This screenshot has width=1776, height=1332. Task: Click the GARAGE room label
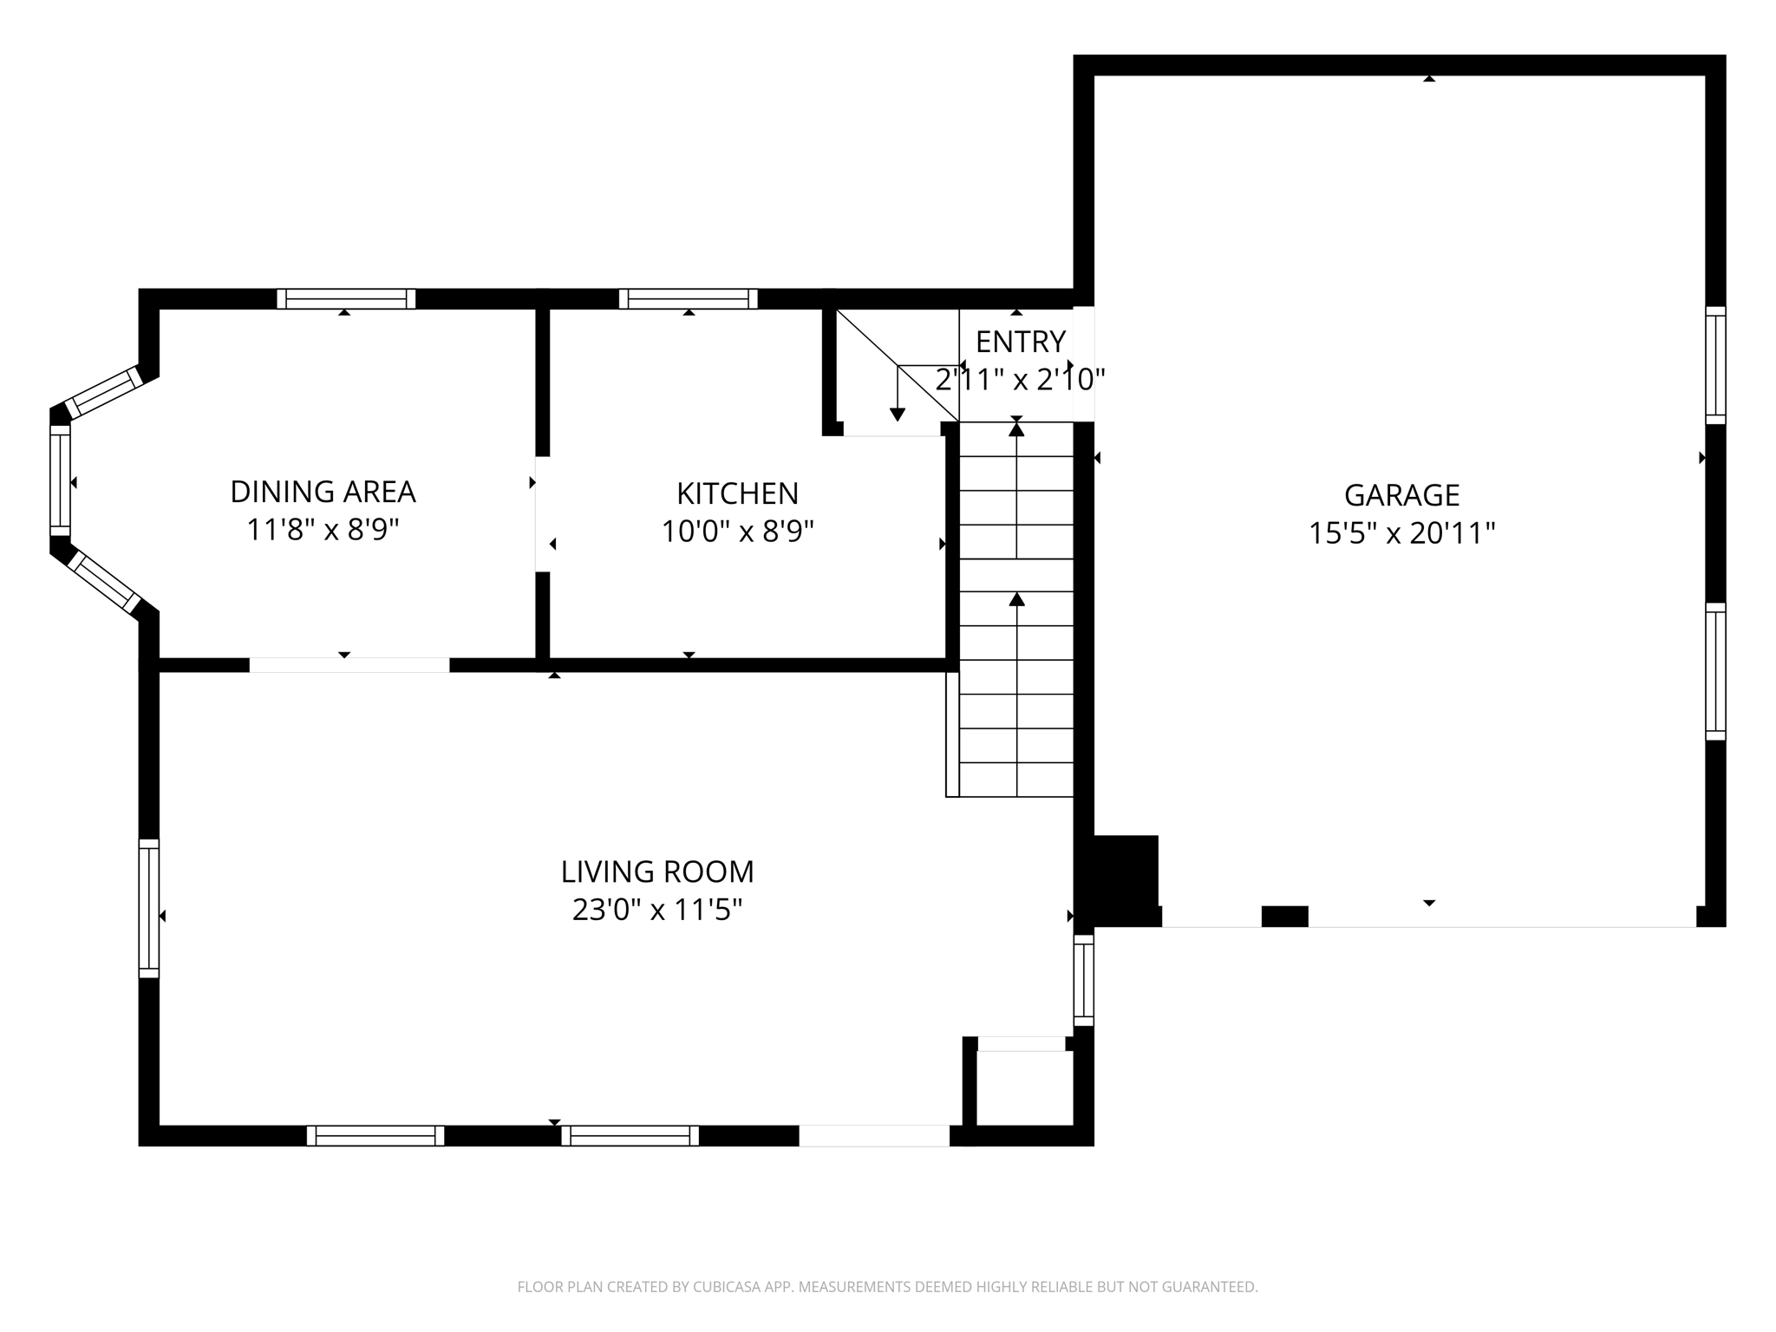pyautogui.click(x=1401, y=494)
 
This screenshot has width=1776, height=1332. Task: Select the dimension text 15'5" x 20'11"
pyautogui.click(x=1401, y=532)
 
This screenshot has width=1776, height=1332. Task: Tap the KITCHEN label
pyautogui.click(x=737, y=493)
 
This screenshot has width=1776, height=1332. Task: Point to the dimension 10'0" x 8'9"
pyautogui.click(x=737, y=531)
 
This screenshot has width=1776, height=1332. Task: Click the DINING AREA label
pyautogui.click(x=323, y=491)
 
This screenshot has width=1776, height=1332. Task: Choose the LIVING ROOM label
pyautogui.click(x=657, y=871)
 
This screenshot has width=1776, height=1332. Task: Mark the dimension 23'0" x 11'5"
pyautogui.click(x=657, y=910)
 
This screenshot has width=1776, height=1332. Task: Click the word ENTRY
pyautogui.click(x=1020, y=342)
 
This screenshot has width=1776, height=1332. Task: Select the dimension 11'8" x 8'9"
pyautogui.click(x=323, y=529)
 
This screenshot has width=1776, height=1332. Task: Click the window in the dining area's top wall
pyautogui.click(x=346, y=298)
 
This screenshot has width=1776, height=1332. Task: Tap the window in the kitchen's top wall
pyautogui.click(x=688, y=298)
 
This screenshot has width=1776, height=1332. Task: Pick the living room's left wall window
pyautogui.click(x=149, y=908)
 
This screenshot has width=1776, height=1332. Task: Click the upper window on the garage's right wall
pyautogui.click(x=1714, y=365)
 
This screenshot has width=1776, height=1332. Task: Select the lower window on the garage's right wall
pyautogui.click(x=1714, y=671)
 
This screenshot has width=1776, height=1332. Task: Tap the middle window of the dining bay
pyautogui.click(x=60, y=480)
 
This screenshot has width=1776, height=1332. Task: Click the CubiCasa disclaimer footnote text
pyautogui.click(x=887, y=1287)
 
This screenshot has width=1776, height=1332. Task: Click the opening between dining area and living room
pyautogui.click(x=349, y=665)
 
